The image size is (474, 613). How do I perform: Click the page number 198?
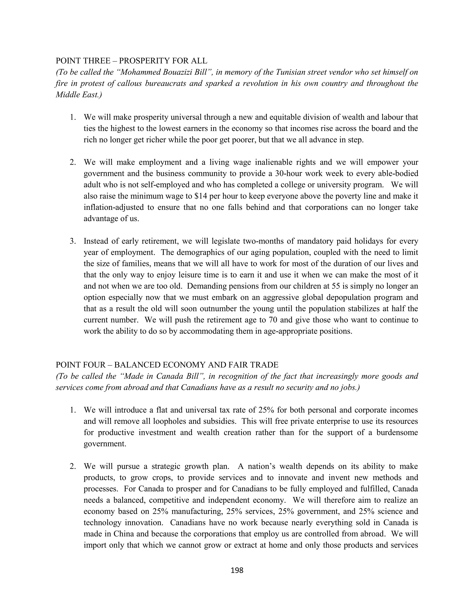click(237, 570)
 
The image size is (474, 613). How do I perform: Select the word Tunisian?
click(290, 72)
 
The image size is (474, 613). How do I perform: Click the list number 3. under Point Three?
click(73, 241)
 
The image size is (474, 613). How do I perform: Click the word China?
click(125, 534)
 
